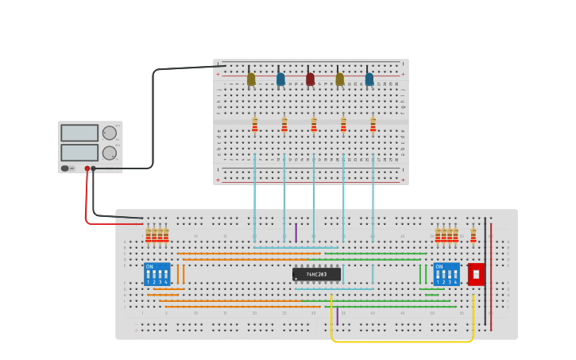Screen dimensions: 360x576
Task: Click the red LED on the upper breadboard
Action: click(310, 79)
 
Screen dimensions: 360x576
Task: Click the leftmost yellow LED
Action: click(251, 79)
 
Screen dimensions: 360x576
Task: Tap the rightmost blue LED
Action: click(369, 79)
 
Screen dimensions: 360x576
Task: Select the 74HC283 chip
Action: click(316, 274)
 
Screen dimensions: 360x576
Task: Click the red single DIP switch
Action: click(476, 274)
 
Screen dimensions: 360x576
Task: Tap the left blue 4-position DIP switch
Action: click(157, 275)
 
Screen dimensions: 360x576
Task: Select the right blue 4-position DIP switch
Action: click(446, 275)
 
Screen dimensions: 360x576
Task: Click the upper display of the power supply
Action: click(79, 133)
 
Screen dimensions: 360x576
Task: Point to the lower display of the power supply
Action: click(79, 152)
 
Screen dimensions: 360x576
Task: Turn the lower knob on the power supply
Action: click(110, 153)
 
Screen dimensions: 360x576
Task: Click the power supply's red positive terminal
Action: click(87, 168)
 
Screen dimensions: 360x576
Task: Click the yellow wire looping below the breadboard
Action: click(401, 342)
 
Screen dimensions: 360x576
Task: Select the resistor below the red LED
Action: click(314, 125)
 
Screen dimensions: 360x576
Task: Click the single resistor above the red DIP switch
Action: click(474, 235)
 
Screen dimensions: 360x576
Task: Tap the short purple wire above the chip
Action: click(296, 232)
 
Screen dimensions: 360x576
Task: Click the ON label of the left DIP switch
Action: click(149, 267)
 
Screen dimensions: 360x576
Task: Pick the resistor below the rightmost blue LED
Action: click(373, 125)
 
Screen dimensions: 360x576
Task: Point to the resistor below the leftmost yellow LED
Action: click(255, 125)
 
